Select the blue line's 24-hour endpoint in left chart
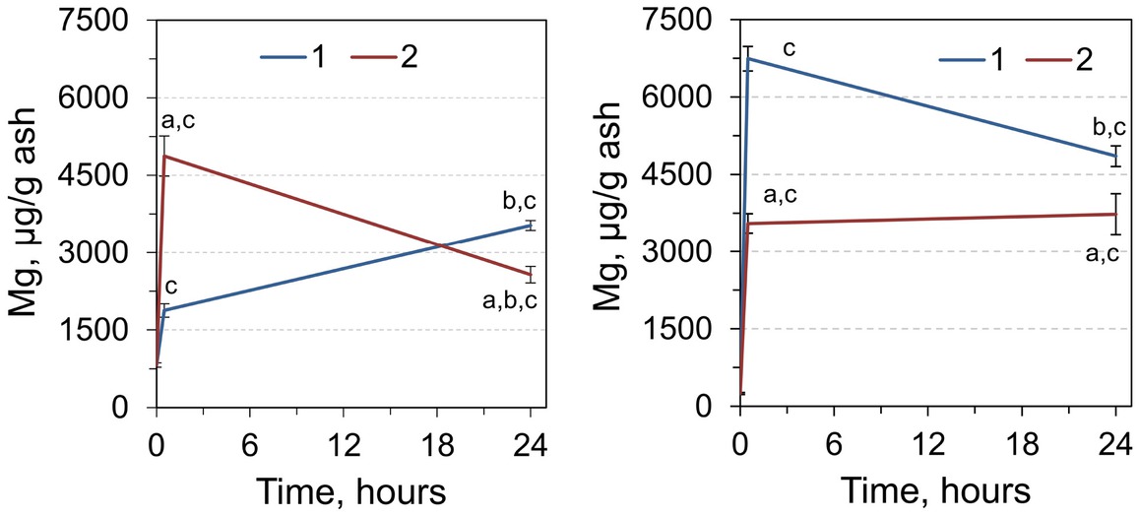tap(531, 226)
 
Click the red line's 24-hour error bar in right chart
tap(1115, 214)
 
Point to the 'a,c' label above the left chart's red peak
tap(179, 122)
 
